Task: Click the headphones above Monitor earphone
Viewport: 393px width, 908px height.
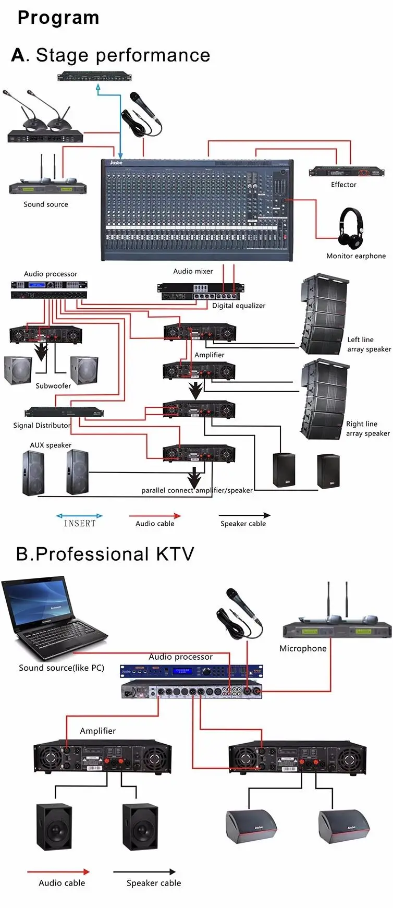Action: pos(350,228)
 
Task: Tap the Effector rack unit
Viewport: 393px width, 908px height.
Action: pos(346,172)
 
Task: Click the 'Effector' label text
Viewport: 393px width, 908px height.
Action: pos(343,185)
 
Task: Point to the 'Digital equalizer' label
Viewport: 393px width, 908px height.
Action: pos(239,306)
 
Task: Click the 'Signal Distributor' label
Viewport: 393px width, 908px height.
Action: pos(42,425)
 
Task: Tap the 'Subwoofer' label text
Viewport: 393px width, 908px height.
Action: pos(53,386)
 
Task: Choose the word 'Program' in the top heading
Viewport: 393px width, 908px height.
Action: pos(58,18)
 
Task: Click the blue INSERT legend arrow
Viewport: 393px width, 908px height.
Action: pos(79,516)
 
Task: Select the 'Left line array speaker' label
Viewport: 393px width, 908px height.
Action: pos(369,344)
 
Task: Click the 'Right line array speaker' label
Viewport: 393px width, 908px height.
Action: pos(367,429)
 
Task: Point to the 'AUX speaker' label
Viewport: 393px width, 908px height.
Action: pos(51,445)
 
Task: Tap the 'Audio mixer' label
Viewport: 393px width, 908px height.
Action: pos(193,271)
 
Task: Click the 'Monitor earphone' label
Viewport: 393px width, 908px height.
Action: pos(356,256)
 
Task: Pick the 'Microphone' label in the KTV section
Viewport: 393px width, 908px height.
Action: pos(303,648)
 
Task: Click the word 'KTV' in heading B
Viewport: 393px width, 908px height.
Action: pos(175,554)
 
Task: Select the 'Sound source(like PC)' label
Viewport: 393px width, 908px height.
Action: pos(62,668)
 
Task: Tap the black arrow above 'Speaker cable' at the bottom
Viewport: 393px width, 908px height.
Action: pos(144,871)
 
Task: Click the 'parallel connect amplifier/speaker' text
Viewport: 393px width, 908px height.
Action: pos(197,490)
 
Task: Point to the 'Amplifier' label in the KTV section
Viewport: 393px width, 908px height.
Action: pos(98,731)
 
